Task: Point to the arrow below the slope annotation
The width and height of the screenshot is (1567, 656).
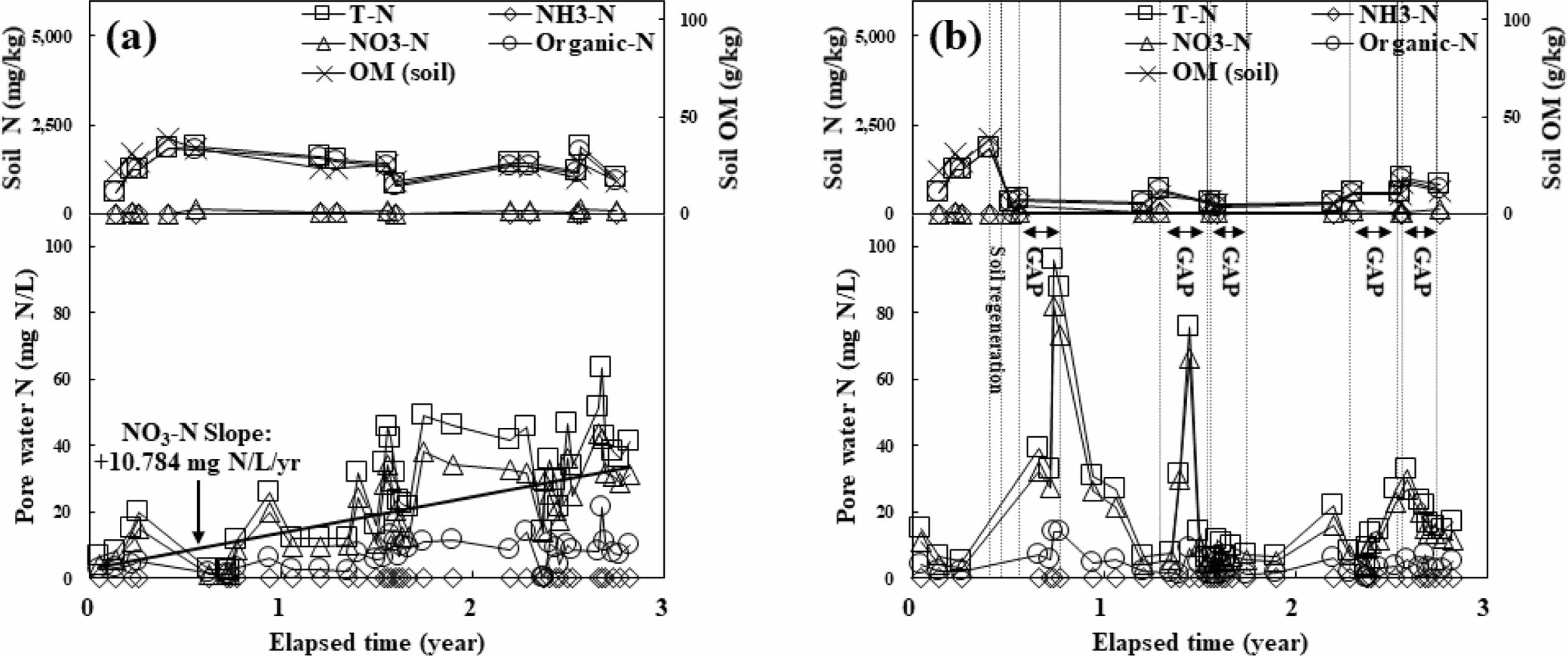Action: pos(198,510)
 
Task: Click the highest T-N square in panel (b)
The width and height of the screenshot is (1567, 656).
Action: pos(1052,258)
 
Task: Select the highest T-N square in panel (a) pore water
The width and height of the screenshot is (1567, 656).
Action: pos(600,367)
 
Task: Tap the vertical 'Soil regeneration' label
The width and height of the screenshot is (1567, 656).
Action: pos(996,319)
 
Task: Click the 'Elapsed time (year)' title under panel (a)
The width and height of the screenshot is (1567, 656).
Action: pos(376,642)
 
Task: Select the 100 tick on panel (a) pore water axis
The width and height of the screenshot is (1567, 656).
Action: pos(61,246)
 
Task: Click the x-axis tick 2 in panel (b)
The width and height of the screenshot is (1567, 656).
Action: pos(1292,606)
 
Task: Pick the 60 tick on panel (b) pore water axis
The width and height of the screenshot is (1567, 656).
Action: pos(887,379)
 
